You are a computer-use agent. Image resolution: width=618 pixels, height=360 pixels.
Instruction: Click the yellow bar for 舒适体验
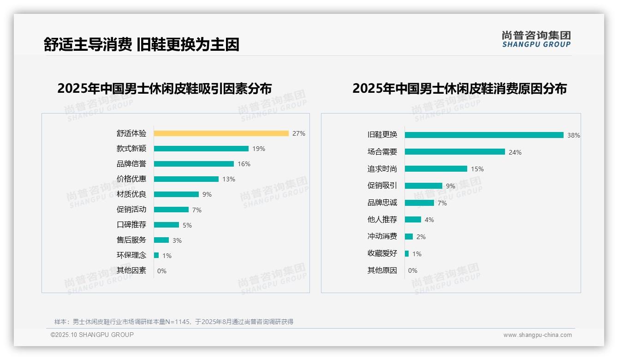click(x=221, y=133)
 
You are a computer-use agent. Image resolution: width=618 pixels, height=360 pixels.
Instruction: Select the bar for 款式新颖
click(x=201, y=149)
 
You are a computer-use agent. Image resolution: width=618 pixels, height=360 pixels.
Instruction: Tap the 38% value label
click(x=573, y=135)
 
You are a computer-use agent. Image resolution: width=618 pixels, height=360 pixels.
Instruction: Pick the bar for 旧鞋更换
click(x=484, y=135)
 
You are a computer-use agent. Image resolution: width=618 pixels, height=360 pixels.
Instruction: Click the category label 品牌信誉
click(x=131, y=164)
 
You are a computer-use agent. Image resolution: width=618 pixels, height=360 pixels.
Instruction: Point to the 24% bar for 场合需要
click(x=455, y=152)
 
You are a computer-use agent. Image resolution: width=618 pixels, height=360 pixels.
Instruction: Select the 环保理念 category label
click(x=131, y=255)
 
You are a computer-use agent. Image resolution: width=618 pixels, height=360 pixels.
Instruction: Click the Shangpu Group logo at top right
click(x=536, y=39)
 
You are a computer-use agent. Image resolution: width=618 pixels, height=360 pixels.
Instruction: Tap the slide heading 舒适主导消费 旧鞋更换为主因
click(x=141, y=45)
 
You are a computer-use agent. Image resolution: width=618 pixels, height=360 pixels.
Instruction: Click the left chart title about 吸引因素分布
click(x=165, y=88)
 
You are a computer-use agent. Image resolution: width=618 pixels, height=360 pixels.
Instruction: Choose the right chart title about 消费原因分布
click(x=459, y=88)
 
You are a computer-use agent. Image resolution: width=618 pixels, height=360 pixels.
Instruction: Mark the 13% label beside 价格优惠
click(x=229, y=179)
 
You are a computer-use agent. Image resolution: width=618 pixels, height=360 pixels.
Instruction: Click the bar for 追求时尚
click(x=436, y=169)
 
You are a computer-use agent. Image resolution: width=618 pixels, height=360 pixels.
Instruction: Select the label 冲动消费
click(x=382, y=236)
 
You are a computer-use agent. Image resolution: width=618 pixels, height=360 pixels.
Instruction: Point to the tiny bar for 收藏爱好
click(x=407, y=253)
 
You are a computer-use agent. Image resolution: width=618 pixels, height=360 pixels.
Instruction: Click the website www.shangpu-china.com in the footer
click(x=537, y=335)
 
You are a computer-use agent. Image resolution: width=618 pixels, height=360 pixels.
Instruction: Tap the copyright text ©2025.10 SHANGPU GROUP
click(x=92, y=335)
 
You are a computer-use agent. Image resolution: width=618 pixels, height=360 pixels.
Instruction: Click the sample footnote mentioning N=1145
click(x=174, y=322)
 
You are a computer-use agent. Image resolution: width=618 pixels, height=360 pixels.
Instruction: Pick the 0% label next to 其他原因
click(x=413, y=270)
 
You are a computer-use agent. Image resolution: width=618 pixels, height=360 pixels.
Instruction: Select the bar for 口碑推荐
click(x=166, y=225)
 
